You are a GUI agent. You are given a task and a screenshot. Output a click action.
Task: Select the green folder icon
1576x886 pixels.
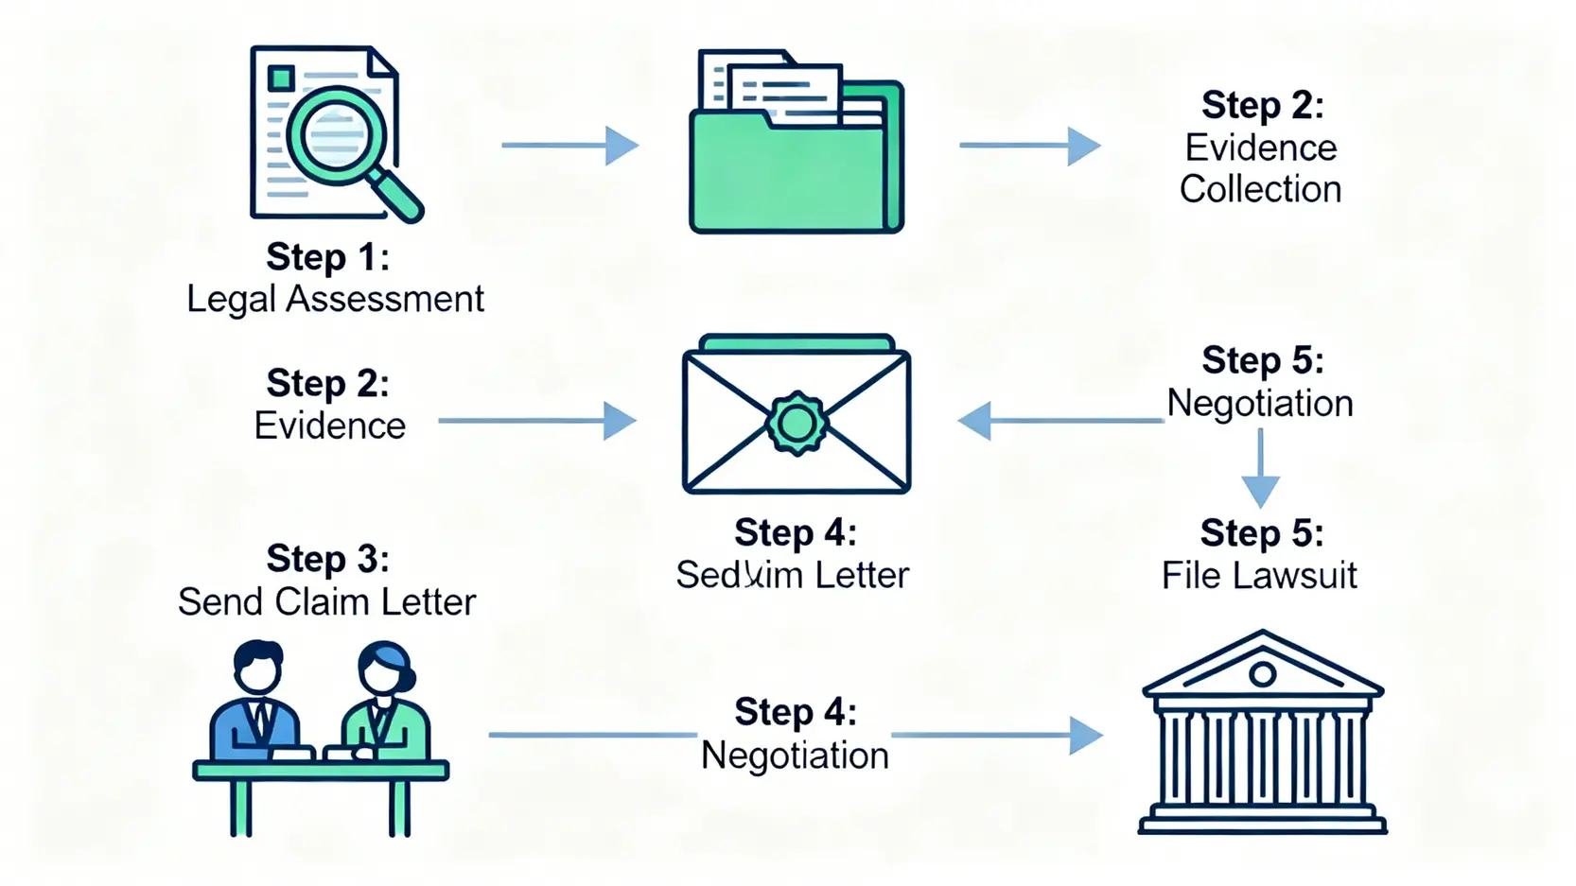click(796, 170)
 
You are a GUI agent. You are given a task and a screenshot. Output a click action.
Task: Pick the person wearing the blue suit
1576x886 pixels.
click(256, 704)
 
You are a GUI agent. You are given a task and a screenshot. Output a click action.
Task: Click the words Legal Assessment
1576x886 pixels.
click(335, 299)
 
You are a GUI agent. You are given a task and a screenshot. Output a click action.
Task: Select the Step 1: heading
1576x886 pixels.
click(327, 256)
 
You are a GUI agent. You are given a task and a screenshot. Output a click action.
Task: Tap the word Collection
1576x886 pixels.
click(1260, 189)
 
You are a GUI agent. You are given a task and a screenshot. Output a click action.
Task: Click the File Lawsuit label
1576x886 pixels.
click(1259, 575)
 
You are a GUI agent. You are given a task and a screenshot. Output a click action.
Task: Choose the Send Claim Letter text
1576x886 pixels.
click(326, 601)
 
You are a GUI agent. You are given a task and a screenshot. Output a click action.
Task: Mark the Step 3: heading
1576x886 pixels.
click(327, 558)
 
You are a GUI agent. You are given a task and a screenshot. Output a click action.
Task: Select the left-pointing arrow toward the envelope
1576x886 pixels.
click(1059, 420)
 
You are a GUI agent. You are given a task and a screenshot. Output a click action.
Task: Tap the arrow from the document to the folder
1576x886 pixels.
click(569, 146)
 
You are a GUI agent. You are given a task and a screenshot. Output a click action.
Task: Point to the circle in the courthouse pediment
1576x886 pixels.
click(1262, 674)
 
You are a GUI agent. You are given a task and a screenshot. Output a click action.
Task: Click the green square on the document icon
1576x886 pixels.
click(281, 78)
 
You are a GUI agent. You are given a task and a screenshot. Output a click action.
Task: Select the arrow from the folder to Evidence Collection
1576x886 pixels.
click(1030, 146)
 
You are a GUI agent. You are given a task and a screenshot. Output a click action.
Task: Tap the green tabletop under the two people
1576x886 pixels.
click(321, 771)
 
